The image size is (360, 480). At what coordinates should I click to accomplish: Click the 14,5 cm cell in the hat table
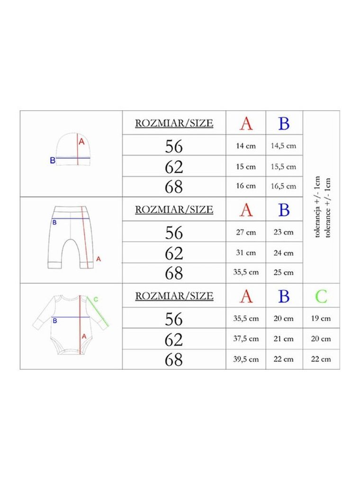tap(283, 146)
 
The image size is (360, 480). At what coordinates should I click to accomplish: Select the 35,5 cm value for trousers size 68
tap(246, 272)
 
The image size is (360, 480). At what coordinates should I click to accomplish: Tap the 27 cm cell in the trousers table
tap(246, 232)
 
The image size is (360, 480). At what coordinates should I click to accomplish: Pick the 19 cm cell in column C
tap(321, 318)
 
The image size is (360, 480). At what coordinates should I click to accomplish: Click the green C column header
tap(321, 296)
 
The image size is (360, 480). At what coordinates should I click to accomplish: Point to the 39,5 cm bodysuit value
tap(246, 359)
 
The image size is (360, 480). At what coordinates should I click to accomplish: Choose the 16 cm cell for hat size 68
tap(246, 186)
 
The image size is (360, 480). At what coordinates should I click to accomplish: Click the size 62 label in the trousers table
tap(174, 253)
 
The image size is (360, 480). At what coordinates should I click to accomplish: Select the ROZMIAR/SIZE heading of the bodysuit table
tap(174, 296)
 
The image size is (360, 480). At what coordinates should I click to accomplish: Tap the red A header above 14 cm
tap(246, 124)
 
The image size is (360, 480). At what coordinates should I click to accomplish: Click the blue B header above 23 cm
tap(284, 210)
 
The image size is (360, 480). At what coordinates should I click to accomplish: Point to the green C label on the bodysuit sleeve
tap(96, 299)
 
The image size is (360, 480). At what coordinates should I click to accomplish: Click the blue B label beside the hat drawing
tap(53, 160)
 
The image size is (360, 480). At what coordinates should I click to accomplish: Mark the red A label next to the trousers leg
tap(98, 259)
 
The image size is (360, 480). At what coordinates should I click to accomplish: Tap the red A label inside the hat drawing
tap(81, 142)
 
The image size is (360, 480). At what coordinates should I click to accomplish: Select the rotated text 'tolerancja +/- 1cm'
tap(317, 207)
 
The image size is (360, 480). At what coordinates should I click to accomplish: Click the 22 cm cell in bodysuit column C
tap(321, 359)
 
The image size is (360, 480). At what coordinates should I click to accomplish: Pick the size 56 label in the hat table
tap(174, 146)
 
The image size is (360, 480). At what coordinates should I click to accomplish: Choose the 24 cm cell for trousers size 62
tap(283, 253)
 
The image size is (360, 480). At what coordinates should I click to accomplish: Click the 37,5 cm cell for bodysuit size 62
tap(246, 339)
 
